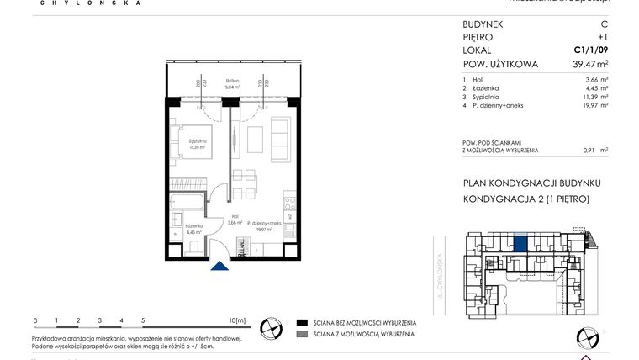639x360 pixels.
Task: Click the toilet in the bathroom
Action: pyautogui.click(x=193, y=245)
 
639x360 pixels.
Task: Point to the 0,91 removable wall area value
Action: pyautogui.click(x=589, y=150)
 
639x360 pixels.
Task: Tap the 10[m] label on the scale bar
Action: pyautogui.click(x=236, y=320)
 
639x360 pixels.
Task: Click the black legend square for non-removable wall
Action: pyautogui.click(x=301, y=322)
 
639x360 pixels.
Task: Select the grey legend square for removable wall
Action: pyautogui.click(x=301, y=334)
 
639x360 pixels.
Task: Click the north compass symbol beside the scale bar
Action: pyautogui.click(x=271, y=326)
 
